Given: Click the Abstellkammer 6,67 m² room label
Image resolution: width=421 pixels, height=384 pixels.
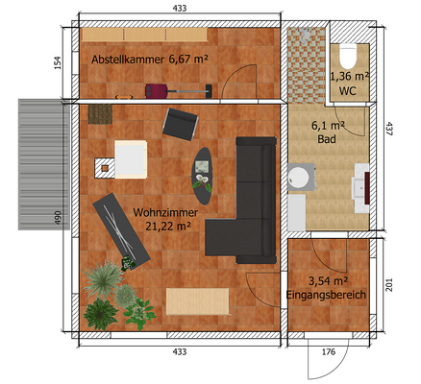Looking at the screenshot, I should pyautogui.click(x=149, y=60).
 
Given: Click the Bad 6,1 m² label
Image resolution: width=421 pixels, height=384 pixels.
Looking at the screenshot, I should pyautogui.click(x=327, y=132).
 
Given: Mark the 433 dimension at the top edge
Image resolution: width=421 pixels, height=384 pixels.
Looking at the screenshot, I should pyautogui.click(x=179, y=8).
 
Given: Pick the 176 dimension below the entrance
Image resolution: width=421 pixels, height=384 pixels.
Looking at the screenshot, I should pyautogui.click(x=328, y=352).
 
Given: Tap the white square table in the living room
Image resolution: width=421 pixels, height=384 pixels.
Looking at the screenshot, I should pyautogui.click(x=127, y=159).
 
